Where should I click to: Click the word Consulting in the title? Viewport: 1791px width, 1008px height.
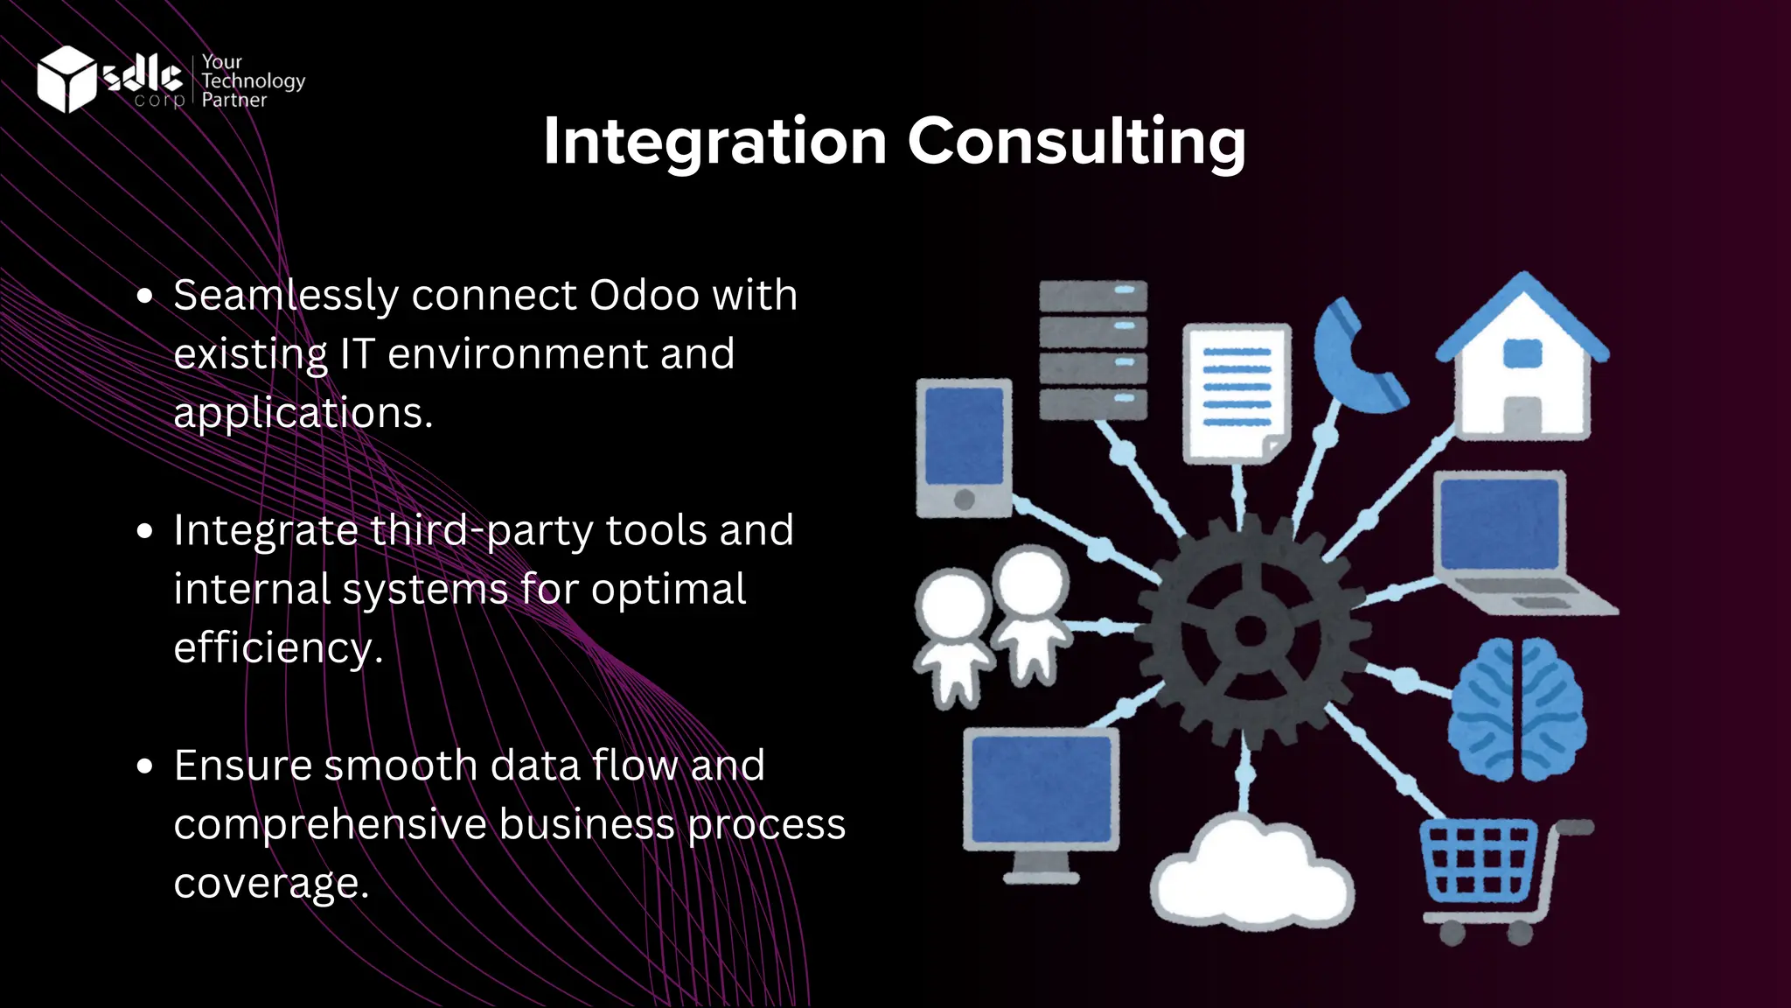[1077, 142]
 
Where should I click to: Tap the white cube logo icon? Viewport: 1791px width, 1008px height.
[66, 80]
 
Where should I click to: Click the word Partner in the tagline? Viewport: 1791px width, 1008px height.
[233, 101]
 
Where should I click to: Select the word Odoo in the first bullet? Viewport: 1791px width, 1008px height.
[644, 296]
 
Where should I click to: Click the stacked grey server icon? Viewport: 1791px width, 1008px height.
[1092, 350]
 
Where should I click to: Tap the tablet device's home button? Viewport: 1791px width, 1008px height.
[965, 500]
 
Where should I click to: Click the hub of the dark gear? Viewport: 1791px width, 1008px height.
[1251, 630]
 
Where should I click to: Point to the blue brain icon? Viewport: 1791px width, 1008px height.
[1517, 709]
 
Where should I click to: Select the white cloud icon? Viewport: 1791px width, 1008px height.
[1251, 875]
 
